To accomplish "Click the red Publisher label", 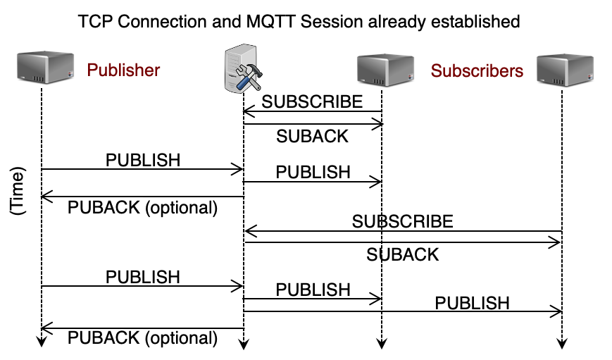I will tap(123, 70).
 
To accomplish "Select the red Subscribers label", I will tap(477, 70).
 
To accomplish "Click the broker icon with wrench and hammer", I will tap(243, 71).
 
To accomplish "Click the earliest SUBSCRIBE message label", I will tap(313, 101).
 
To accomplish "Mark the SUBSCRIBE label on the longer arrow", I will tap(403, 221).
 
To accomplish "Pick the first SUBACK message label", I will tap(313, 136).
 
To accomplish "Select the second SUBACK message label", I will tap(403, 254).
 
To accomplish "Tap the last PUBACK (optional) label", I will tap(143, 338).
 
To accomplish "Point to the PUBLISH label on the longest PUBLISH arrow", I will tap(472, 303).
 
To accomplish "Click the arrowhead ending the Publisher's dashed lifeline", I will tap(42, 342).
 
